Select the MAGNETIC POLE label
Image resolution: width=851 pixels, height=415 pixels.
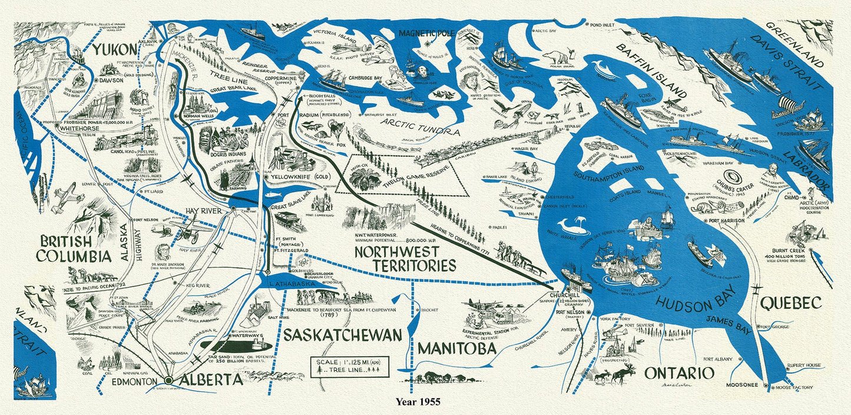(x=426, y=34)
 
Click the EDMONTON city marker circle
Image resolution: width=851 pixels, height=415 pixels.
(x=168, y=381)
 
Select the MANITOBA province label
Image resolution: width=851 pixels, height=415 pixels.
(x=456, y=349)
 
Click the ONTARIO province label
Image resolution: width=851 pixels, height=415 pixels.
(x=679, y=373)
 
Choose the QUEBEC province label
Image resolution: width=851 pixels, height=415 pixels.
(x=790, y=303)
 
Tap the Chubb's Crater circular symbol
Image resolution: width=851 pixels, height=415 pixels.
(x=734, y=177)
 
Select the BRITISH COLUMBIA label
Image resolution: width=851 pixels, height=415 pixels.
(x=74, y=249)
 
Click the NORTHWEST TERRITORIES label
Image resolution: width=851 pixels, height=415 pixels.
(x=405, y=259)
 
